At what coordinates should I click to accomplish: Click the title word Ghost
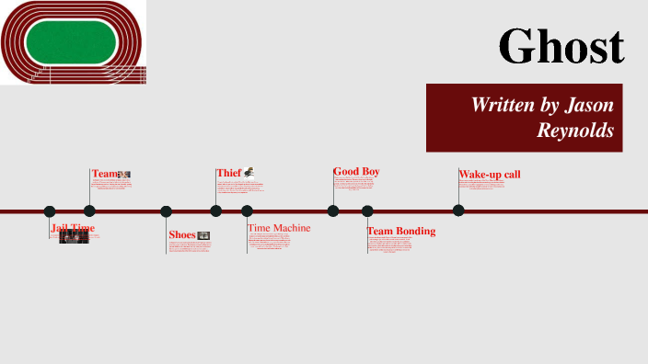point(561,45)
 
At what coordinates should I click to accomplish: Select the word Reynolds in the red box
point(576,131)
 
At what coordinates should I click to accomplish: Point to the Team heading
point(105,174)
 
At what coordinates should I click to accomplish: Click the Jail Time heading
point(73,228)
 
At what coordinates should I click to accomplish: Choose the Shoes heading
point(182,234)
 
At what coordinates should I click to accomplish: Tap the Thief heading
point(228,173)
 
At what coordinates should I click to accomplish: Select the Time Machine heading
point(279,228)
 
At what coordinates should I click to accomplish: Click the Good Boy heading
point(356,172)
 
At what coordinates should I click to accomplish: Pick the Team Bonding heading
point(401,232)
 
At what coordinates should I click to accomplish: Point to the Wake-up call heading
point(490,175)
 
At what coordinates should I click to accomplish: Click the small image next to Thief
point(249,171)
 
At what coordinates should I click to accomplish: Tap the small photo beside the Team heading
point(125,174)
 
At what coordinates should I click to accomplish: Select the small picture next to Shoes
point(203,235)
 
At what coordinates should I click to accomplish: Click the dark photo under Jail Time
point(74,236)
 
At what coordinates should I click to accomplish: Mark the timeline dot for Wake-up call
point(458,210)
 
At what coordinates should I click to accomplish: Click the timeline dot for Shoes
point(167,211)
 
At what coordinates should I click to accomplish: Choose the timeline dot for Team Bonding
point(367,211)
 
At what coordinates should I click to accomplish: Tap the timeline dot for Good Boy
point(333,211)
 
